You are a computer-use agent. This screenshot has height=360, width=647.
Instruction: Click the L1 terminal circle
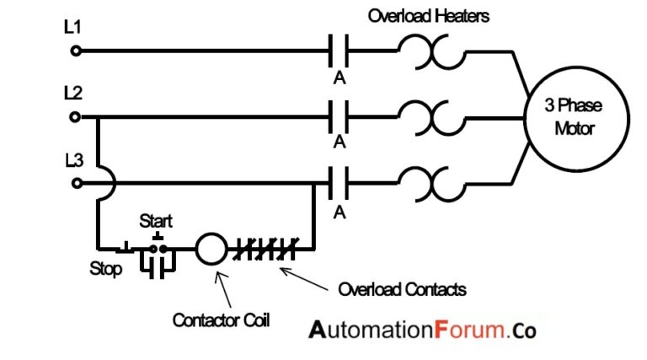[x=76, y=51]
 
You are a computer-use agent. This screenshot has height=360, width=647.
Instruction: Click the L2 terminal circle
[x=76, y=117]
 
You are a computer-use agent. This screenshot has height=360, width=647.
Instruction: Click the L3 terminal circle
[x=76, y=182]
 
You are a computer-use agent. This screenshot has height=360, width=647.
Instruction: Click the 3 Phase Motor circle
[x=569, y=117]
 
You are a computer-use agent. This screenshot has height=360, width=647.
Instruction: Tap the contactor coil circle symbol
[x=211, y=249]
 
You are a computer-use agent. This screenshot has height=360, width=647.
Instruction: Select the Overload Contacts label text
[x=402, y=289]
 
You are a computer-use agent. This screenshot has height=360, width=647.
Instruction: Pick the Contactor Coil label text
[x=222, y=320]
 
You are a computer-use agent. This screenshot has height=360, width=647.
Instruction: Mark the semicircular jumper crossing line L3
[x=104, y=182]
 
